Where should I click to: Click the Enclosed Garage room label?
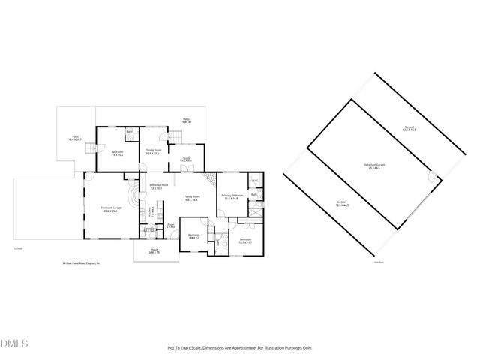111,209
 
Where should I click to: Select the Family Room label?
191,198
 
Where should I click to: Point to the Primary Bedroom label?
229,196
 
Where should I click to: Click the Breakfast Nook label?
157,186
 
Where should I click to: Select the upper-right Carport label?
409,128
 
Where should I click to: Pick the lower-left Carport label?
341,203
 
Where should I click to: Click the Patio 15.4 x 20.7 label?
76,139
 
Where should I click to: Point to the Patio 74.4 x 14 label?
187,120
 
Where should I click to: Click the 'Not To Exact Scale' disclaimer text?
239,348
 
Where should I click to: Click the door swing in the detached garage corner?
431,177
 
